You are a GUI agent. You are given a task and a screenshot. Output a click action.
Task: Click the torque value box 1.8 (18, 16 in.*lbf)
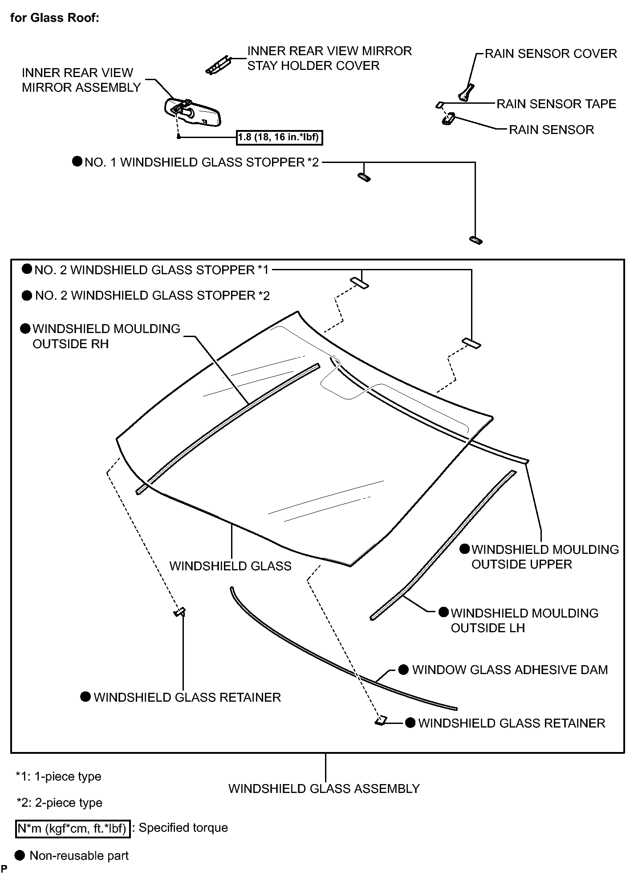click(279, 138)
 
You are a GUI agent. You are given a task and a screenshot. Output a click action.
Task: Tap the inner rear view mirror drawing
click(193, 113)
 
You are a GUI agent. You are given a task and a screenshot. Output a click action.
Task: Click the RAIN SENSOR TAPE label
click(556, 104)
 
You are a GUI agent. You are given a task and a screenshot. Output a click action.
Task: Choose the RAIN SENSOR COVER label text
click(551, 54)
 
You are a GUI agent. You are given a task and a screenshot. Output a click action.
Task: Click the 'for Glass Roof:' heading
click(54, 18)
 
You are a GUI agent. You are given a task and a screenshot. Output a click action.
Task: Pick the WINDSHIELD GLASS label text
click(230, 566)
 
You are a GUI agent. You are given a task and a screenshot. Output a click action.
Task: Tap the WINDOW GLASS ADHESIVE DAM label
click(510, 670)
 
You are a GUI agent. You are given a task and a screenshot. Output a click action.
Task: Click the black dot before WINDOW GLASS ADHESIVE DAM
click(403, 670)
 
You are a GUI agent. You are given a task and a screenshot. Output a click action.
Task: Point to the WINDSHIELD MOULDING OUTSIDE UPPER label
click(545, 557)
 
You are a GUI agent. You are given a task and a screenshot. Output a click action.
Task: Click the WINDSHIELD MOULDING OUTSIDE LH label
click(524, 621)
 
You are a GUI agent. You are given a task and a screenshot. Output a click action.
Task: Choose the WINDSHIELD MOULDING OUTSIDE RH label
click(106, 336)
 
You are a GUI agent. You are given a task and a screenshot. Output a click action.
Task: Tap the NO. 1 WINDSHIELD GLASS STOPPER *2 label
click(202, 163)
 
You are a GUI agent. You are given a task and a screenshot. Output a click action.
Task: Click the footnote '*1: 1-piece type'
click(58, 776)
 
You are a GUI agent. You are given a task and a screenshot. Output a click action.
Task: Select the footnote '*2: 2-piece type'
click(59, 803)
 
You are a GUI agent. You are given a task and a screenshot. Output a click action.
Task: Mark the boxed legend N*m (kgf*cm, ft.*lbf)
click(73, 829)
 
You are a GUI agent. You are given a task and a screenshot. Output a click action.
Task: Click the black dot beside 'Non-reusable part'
click(20, 855)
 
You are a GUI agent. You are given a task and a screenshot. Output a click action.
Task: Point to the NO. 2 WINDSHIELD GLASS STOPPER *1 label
click(151, 270)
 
